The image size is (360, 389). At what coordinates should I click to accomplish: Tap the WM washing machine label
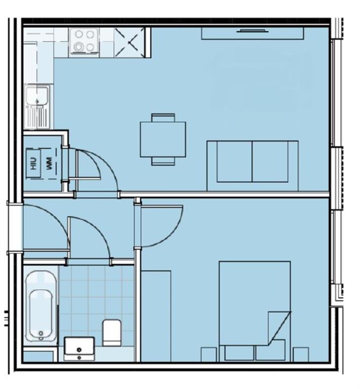(49, 163)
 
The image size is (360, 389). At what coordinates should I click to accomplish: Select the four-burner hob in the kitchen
(84, 41)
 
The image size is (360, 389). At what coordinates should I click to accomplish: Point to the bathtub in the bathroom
(41, 306)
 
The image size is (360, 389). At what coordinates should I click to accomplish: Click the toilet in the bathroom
(112, 332)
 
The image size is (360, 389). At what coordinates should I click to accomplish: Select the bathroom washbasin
(79, 348)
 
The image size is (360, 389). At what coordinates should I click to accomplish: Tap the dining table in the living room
(163, 139)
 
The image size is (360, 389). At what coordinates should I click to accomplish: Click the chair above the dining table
(163, 117)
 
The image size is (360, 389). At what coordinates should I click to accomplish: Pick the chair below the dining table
(163, 161)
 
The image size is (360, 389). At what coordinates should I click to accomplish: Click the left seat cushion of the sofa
(234, 161)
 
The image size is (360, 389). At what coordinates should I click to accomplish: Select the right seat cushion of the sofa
(270, 161)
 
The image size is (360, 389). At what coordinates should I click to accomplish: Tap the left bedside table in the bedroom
(209, 354)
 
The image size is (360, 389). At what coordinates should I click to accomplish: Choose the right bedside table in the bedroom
(301, 354)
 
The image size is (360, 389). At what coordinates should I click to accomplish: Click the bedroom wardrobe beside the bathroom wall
(156, 316)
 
